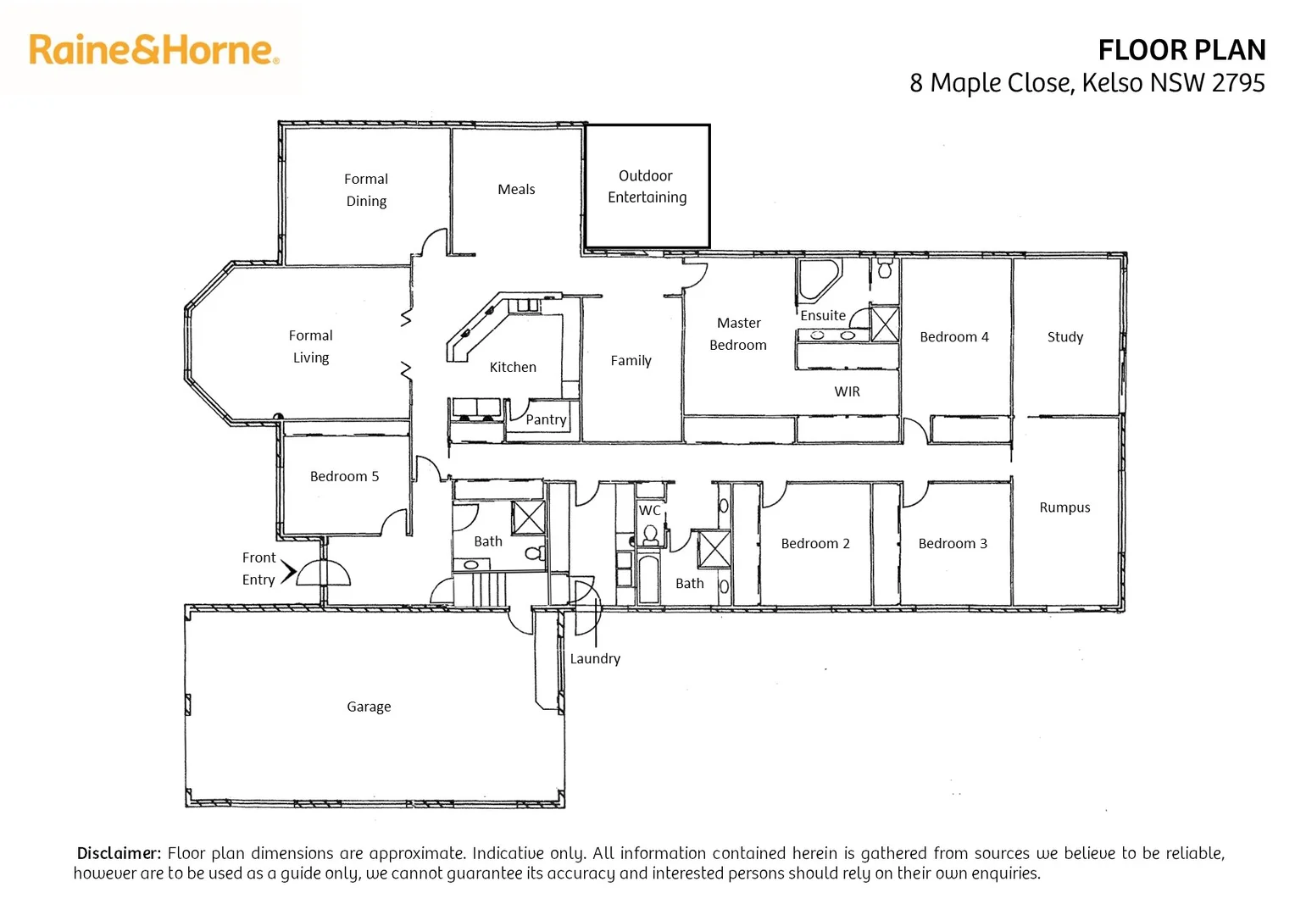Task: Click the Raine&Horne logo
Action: click(x=153, y=50)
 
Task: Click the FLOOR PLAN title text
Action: click(x=1181, y=51)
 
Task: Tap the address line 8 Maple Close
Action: click(x=1087, y=83)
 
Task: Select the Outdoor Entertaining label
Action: click(x=647, y=186)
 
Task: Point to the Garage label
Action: click(x=369, y=707)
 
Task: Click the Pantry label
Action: click(x=546, y=419)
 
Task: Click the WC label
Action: click(x=649, y=510)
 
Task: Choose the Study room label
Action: click(x=1064, y=337)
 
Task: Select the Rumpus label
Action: click(x=1064, y=507)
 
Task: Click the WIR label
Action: click(x=847, y=391)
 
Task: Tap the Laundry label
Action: click(x=595, y=658)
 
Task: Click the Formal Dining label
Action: click(x=366, y=190)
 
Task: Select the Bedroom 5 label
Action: click(x=344, y=476)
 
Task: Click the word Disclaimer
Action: click(x=119, y=853)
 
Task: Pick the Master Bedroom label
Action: click(x=738, y=334)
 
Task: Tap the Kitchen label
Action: click(x=513, y=367)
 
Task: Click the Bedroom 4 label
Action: click(x=953, y=337)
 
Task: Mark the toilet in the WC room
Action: click(x=650, y=534)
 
